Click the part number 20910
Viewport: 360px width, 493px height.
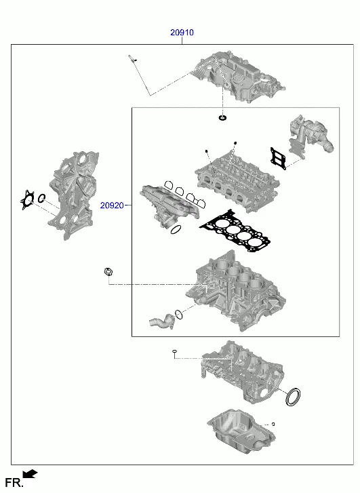pos(182,32)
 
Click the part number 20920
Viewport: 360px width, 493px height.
pos(112,205)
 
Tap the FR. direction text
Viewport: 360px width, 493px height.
pos(14,482)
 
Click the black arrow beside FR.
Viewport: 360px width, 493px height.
pos(31,473)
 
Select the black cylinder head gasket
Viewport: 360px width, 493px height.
pos(235,231)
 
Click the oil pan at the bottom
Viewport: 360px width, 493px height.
pos(241,431)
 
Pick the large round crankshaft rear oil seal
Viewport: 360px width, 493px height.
pos(293,397)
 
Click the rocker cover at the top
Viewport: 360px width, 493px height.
pos(239,77)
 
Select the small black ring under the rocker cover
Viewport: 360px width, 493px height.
pos(222,118)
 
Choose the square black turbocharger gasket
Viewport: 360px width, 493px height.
pos(278,159)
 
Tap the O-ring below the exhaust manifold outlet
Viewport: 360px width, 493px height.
pos(176,230)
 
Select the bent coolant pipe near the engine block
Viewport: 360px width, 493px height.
pos(161,321)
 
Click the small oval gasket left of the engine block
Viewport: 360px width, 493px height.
pos(108,273)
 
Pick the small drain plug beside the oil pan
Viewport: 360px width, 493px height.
pos(273,424)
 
